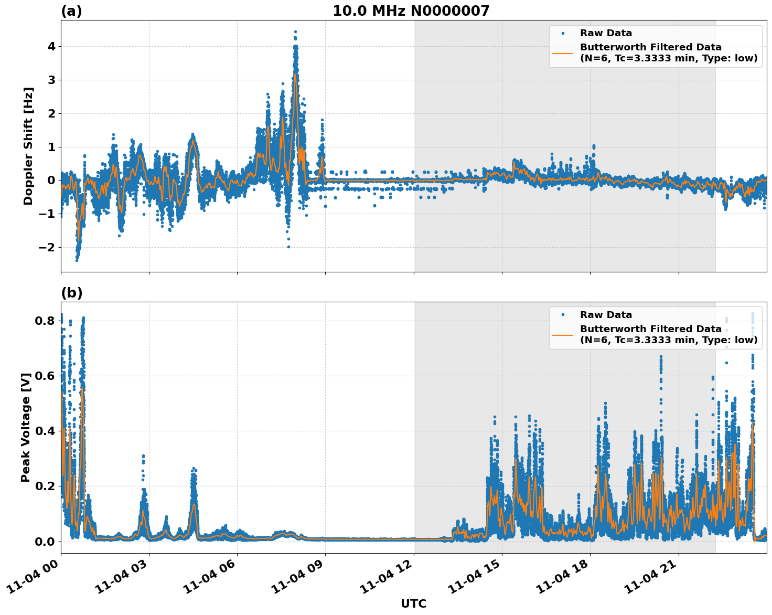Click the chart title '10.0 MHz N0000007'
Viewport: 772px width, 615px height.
coord(411,11)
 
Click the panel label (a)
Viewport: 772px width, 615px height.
coord(71,11)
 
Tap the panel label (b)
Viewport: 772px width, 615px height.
coord(71,293)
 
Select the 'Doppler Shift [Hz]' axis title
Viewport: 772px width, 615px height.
coord(28,146)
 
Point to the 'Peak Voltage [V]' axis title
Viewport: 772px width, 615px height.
coord(26,427)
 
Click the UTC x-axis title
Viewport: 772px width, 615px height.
coord(413,603)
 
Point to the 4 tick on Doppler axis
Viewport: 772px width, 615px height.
coord(51,47)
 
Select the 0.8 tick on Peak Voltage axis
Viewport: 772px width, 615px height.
coord(45,321)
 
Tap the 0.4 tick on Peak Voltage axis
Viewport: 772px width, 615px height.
coord(45,431)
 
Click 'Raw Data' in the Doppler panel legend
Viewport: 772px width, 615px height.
coord(606,33)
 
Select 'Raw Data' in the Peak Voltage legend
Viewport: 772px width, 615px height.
coord(606,315)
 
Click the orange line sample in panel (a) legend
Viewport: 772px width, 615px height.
coord(563,52)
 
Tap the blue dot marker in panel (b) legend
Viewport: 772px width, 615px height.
coord(563,315)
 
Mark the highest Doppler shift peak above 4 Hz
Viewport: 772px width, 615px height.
coord(295,32)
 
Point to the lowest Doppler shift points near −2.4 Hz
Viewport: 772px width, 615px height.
coord(77,260)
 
